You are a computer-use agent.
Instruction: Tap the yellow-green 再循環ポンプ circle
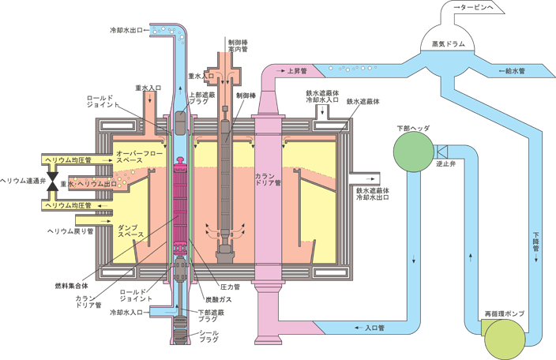tap(505, 339)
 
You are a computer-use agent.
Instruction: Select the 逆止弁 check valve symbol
tap(441, 152)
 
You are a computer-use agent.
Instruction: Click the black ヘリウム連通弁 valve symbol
tap(53, 182)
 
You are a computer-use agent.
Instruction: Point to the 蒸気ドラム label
tap(449, 44)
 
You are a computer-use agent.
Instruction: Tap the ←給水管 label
tap(512, 71)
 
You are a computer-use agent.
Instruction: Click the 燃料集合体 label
tap(71, 286)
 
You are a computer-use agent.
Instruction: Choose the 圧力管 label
tap(230, 287)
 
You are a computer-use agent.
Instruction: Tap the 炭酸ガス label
tap(219, 299)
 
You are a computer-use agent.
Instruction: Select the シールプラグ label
tap(208, 336)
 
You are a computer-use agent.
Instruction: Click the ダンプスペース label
tap(131, 231)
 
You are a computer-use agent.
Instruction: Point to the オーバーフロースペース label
tap(139, 156)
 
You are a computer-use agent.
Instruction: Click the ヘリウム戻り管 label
tap(70, 231)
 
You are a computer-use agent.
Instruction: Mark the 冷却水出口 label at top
tap(126, 31)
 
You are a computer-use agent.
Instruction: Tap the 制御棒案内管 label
tap(238, 46)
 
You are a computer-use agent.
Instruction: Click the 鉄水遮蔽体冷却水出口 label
tap(373, 193)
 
